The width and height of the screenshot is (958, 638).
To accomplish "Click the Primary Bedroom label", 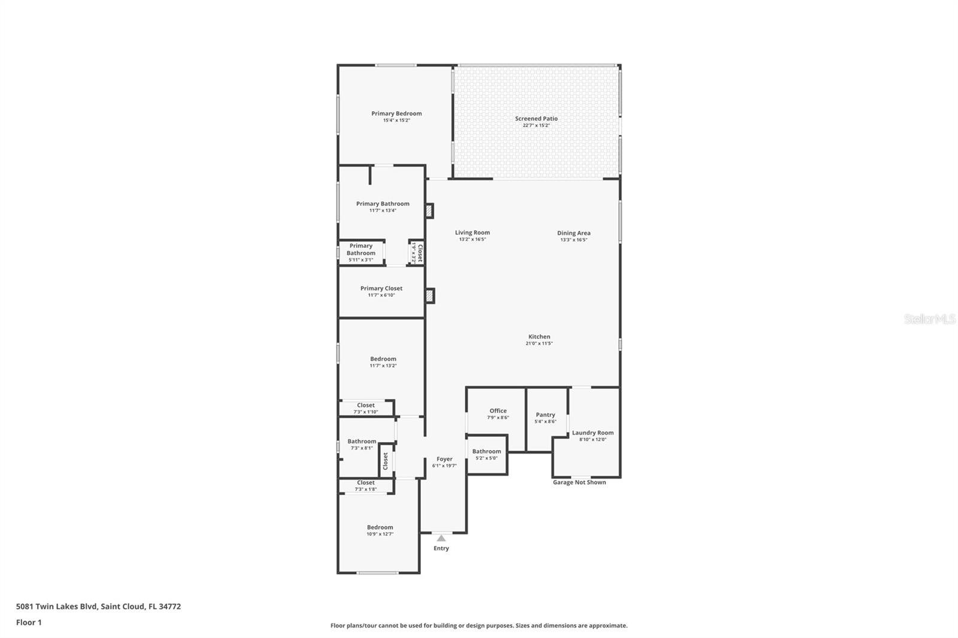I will click(x=396, y=114).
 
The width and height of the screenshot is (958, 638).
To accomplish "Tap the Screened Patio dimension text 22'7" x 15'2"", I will click(x=536, y=126).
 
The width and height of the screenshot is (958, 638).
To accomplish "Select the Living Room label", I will click(x=472, y=233).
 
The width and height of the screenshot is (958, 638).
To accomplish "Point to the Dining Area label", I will click(x=574, y=233).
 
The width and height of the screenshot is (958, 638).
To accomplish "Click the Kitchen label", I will click(x=539, y=337).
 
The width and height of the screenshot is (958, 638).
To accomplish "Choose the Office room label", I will click(x=498, y=411).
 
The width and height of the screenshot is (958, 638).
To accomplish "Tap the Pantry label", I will click(x=545, y=415).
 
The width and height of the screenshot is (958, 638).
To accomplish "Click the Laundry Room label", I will click(x=593, y=433).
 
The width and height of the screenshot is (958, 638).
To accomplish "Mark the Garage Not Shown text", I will click(x=579, y=482).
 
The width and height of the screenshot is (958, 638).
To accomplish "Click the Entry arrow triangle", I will click(x=441, y=538).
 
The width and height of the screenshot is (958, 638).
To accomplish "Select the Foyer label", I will click(x=444, y=459).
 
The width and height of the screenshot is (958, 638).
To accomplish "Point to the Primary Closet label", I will click(x=381, y=288).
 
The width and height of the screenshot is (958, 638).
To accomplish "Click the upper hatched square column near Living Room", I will click(x=429, y=211).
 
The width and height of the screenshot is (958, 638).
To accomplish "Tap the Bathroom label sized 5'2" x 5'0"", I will click(x=486, y=452).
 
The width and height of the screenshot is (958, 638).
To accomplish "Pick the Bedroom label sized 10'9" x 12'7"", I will click(x=380, y=527).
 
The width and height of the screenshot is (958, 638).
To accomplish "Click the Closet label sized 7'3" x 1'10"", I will click(x=366, y=405).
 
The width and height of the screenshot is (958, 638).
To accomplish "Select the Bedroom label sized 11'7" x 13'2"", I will click(x=383, y=359).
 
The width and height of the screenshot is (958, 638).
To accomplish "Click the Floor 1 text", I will click(x=29, y=622).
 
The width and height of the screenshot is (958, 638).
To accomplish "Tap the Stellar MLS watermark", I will click(x=929, y=320).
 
